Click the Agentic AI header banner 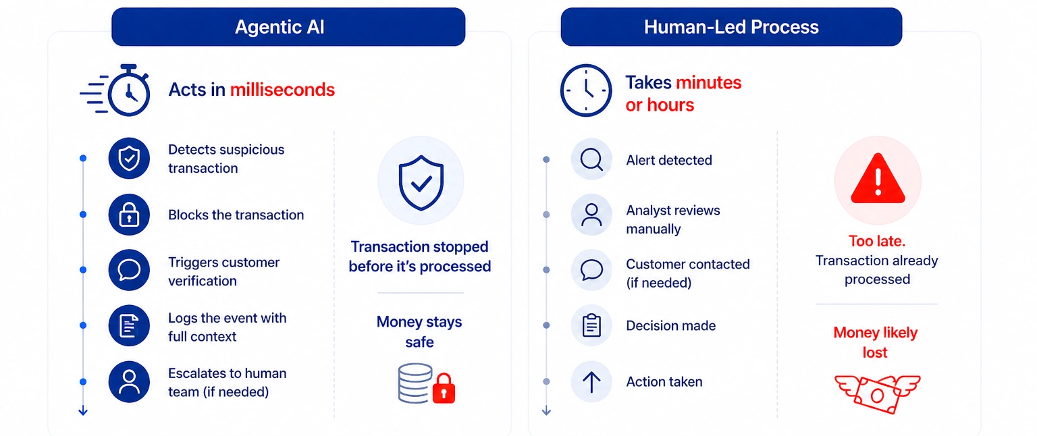tap(288, 27)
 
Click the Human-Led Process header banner tap(731, 27)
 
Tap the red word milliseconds tap(282, 90)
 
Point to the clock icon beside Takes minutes tap(585, 90)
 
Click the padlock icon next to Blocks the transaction tap(129, 215)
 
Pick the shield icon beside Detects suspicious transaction tap(129, 159)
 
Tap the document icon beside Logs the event tap(129, 326)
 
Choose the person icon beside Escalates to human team tap(129, 382)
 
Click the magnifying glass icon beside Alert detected tap(591, 159)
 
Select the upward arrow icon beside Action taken tap(591, 382)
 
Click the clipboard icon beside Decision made tap(591, 326)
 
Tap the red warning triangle tap(877, 180)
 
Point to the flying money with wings tap(877, 392)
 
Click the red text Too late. tap(876, 241)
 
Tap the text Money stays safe tap(419, 332)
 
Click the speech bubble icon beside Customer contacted tap(591, 270)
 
